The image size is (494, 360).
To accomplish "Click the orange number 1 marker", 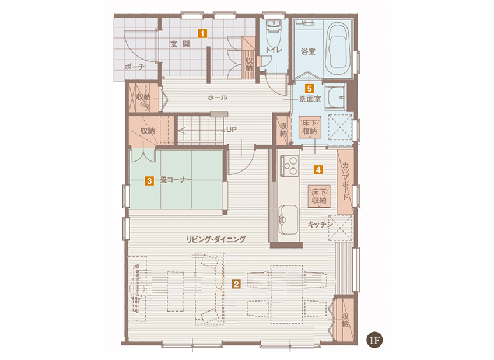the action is coord(202,33).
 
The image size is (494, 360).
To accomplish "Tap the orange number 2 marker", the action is coord(236,284).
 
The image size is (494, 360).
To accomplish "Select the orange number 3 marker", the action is coord(149,181).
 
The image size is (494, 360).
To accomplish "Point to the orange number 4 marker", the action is coord(318,170).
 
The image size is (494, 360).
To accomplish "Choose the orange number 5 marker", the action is coord(309,88).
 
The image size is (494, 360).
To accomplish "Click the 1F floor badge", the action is coord(374,341).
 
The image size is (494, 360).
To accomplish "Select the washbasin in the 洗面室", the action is coord(335,96).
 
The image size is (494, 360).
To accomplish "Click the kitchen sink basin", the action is coord(289,220).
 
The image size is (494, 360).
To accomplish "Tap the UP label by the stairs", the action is coord(231,130).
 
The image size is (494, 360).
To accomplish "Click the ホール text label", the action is coord(218,97).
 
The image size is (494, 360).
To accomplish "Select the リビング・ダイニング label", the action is coord(216,239).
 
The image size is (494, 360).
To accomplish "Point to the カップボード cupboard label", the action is coord(345,181).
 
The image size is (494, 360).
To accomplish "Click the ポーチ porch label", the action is coord(135,67).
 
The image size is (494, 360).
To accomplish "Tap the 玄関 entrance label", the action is coord(180,44).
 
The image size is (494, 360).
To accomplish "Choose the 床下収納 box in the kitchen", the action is coord(319,196).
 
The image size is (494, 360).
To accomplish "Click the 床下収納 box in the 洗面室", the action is coord(310,127).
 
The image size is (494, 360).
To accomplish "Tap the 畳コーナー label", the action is coord(176,180).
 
